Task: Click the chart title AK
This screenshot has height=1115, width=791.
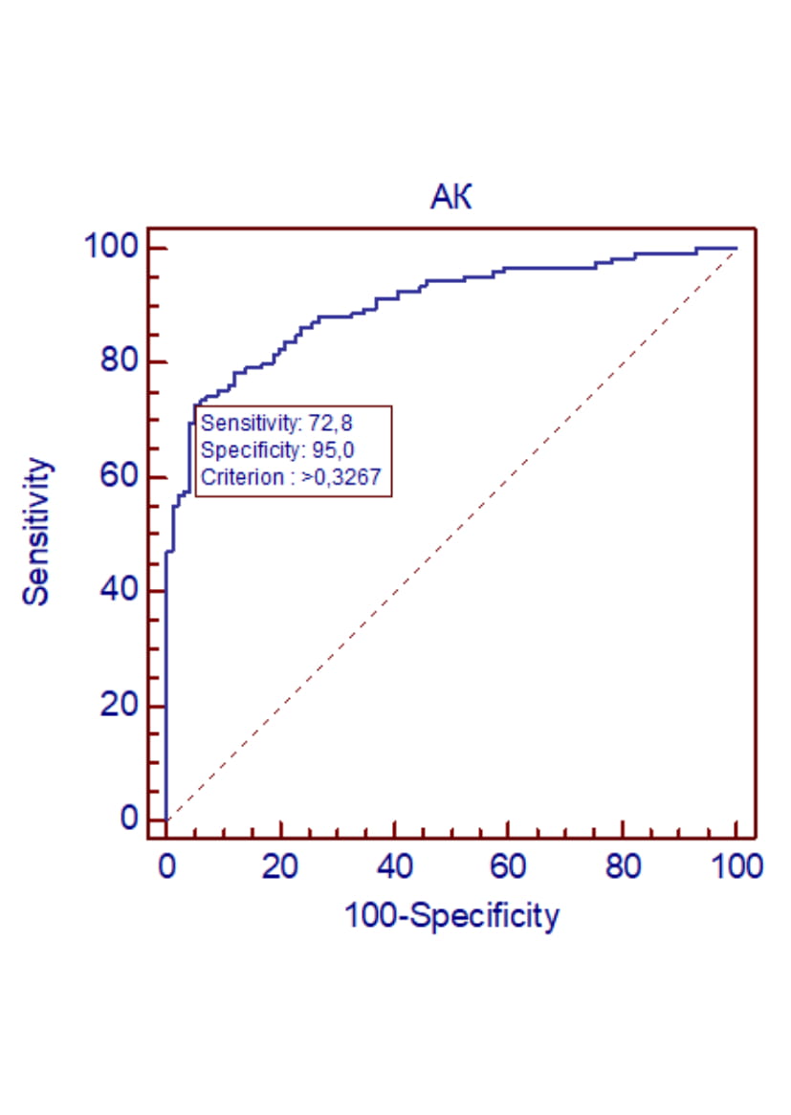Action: tap(451, 198)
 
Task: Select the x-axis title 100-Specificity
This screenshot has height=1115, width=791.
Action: tap(450, 916)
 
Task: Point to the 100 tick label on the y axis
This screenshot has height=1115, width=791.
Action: tap(112, 248)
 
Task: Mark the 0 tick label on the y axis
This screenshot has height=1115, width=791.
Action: tap(129, 820)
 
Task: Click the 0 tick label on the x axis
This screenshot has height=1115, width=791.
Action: tap(166, 867)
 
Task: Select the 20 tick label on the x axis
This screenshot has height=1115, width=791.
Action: tap(280, 867)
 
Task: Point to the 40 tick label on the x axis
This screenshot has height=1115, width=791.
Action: tap(394, 867)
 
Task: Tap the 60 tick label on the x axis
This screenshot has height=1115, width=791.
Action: tap(509, 867)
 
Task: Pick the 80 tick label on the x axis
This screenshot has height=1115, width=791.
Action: tap(623, 867)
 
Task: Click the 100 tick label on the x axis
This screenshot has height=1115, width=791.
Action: tap(736, 867)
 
